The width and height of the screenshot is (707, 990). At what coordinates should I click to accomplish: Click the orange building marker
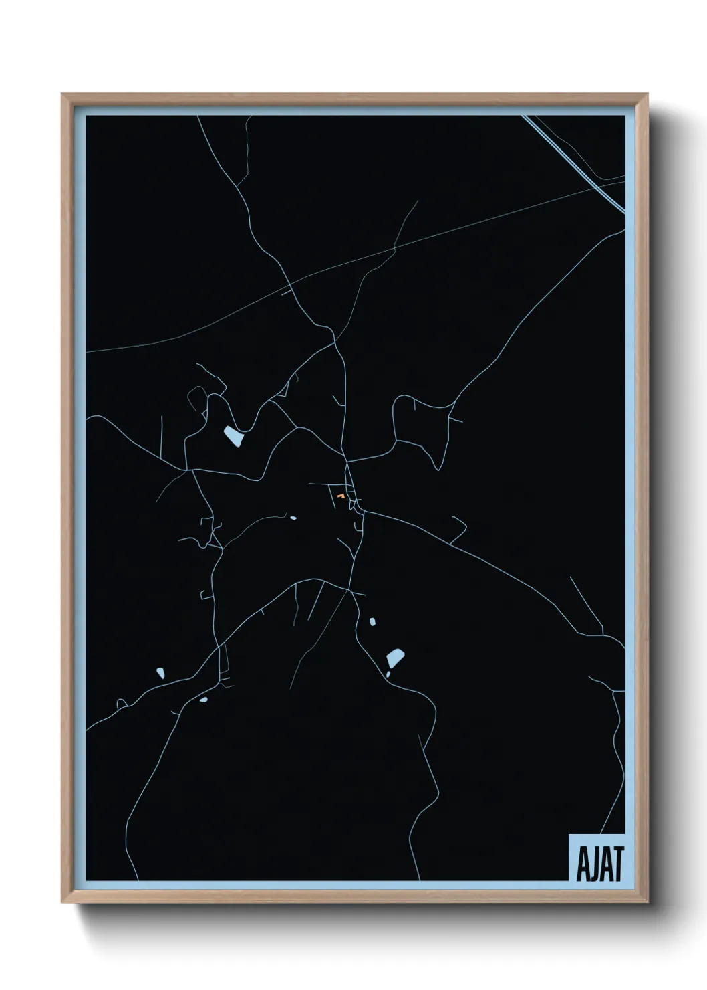[x=341, y=496]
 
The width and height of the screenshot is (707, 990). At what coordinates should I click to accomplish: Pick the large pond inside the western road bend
[x=233, y=437]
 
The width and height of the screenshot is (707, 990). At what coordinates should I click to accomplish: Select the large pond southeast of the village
[x=395, y=658]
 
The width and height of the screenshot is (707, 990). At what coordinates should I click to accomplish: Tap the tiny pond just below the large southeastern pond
[x=388, y=674]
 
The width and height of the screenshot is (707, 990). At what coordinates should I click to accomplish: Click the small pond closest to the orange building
[x=292, y=517]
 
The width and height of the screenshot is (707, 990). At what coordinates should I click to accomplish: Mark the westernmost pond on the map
[x=160, y=672]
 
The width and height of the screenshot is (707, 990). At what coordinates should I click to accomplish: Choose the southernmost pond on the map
[x=203, y=700]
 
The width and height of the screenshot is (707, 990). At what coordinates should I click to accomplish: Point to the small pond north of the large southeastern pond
[x=372, y=622]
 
